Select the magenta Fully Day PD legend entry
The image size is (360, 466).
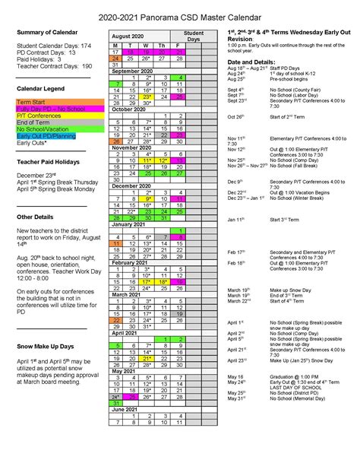point(49,108)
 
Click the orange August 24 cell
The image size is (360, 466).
point(115,58)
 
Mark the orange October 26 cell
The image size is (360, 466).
point(115,141)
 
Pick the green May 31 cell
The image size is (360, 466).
point(115,403)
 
